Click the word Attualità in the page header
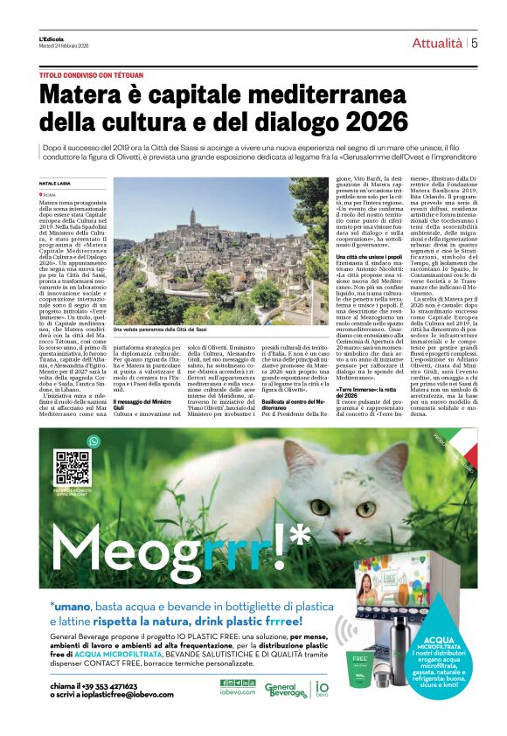(x=437, y=43)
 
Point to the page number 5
(x=474, y=43)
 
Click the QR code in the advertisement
(x=73, y=468)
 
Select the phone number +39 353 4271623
(x=108, y=686)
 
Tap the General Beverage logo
(x=286, y=691)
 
